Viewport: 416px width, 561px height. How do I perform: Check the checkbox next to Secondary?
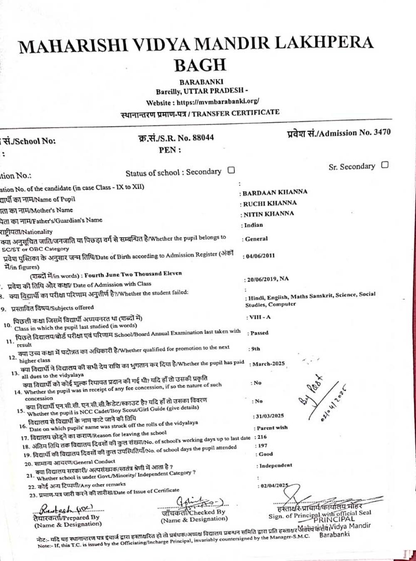(231, 170)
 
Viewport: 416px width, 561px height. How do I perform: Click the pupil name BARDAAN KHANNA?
(275, 192)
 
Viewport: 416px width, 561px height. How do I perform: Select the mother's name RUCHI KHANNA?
(270, 203)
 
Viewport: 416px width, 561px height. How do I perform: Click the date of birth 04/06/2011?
(260, 256)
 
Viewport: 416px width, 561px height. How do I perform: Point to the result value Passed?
(260, 333)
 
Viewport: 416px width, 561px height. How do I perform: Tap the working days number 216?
(262, 437)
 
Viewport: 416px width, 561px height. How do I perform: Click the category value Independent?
(275, 465)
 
